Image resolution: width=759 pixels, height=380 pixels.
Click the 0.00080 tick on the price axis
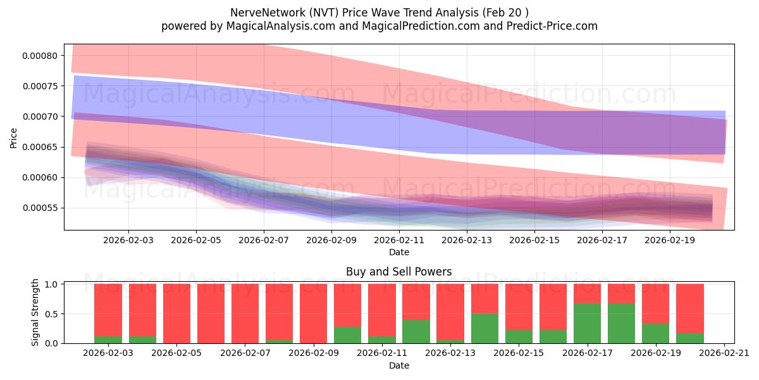(x=40, y=56)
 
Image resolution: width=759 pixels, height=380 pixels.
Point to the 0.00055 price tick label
(x=40, y=208)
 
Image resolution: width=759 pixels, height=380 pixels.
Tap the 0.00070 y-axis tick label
(x=40, y=117)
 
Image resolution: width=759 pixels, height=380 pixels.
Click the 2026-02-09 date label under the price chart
(x=331, y=241)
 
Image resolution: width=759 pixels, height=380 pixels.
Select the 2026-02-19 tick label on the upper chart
(x=670, y=241)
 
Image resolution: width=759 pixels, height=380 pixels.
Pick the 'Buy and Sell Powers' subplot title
(x=398, y=272)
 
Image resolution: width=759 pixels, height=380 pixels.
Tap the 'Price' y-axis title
(x=14, y=139)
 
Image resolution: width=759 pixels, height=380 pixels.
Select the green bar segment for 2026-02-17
(x=587, y=324)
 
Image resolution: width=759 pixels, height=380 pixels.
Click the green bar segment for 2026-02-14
(x=484, y=329)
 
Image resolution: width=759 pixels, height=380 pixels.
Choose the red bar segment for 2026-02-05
(x=176, y=313)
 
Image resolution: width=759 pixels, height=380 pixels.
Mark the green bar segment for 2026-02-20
(x=689, y=338)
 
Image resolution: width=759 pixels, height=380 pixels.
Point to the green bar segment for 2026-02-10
(x=348, y=335)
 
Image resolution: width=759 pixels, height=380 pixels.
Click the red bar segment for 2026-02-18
(x=621, y=294)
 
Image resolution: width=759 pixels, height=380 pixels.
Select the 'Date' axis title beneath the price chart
(x=398, y=252)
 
